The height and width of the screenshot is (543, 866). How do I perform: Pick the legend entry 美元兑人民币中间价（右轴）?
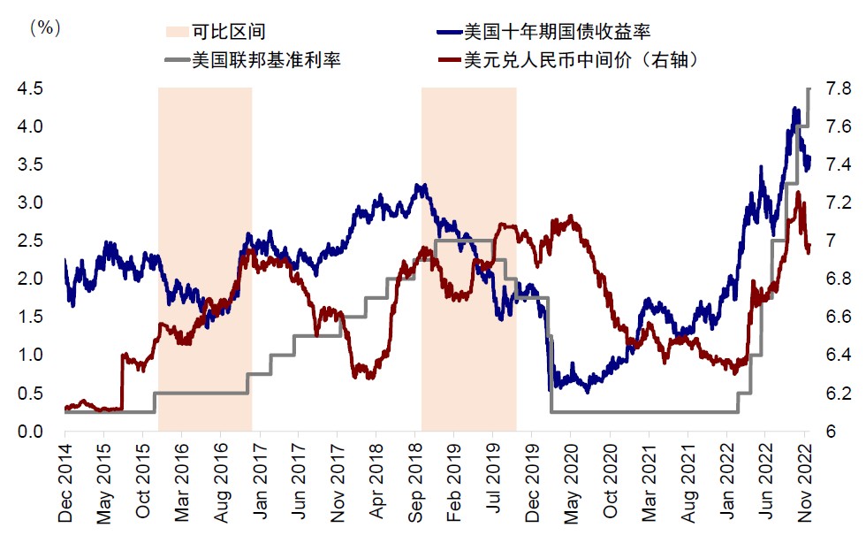click(569, 60)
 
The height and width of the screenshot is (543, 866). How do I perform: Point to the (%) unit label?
click(45, 27)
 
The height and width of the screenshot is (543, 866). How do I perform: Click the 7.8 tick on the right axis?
click(838, 88)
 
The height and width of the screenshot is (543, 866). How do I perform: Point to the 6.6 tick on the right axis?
click(838, 317)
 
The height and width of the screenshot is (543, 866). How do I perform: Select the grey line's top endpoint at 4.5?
click(809, 88)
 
